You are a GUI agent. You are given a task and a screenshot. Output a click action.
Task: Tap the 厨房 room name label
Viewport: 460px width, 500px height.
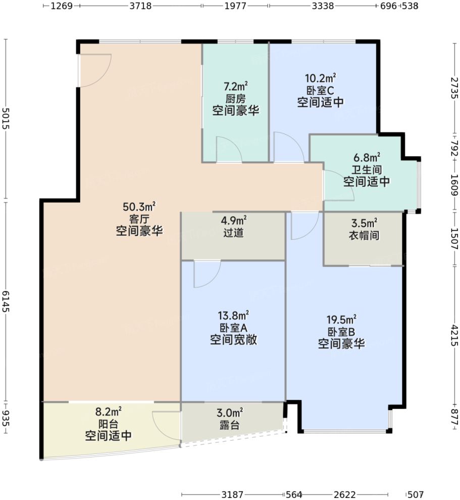235,99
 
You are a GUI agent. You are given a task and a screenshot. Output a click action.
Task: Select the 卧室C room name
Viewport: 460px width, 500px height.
320,90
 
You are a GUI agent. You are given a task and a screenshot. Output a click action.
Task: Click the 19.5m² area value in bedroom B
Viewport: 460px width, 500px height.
342,319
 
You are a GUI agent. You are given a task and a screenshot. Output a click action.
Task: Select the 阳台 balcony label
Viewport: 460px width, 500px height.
108,423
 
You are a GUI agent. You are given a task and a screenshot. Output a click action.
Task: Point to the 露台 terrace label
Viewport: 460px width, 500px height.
233,425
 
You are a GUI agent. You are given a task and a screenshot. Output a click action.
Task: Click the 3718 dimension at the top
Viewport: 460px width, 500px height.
140,6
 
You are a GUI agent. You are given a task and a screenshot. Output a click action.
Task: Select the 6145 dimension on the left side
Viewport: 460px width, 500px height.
6,302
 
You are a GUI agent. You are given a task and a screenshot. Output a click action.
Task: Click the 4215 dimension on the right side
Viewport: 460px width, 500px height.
454,334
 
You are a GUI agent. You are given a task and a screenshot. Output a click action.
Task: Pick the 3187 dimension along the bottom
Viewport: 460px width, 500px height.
233,494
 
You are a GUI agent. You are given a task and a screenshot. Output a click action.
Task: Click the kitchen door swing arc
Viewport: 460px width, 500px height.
228,149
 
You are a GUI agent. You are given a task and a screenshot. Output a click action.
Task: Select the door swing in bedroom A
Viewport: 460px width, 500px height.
206,274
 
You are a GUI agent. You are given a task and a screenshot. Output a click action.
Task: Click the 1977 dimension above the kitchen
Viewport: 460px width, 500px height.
235,6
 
